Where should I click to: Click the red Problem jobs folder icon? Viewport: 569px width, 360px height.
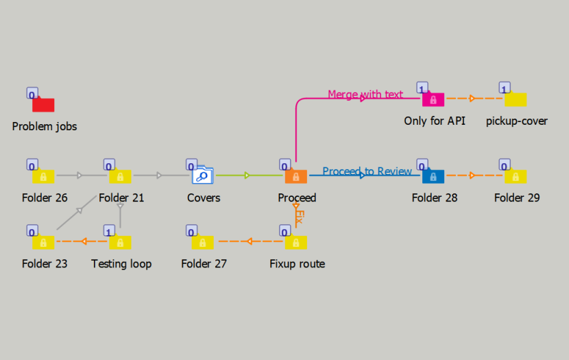tap(43, 105)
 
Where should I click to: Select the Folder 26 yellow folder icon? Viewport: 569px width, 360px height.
tap(44, 176)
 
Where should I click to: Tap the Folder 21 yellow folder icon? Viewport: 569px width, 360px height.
tap(121, 176)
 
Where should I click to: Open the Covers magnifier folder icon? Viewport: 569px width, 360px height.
tap(204, 176)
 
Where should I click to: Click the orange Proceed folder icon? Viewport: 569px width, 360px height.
tap(296, 176)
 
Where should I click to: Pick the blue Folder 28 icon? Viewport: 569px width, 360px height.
tap(433, 176)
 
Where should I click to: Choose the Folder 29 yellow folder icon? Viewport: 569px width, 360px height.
tap(516, 176)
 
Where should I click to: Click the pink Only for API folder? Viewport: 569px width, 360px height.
tap(433, 99)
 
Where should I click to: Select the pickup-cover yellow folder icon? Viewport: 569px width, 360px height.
tap(516, 99)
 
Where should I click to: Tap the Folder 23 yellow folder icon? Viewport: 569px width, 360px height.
tap(44, 242)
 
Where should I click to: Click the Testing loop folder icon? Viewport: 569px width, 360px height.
tap(121, 242)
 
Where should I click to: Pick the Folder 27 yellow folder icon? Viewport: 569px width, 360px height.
tap(203, 242)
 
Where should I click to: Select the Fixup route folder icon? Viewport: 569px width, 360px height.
tap(296, 242)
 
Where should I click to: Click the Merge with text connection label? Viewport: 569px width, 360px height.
tap(365, 94)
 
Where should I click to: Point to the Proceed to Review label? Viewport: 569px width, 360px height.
tap(367, 171)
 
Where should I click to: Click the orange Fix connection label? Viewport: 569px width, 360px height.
tap(299, 217)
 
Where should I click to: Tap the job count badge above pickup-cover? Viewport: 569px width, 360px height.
tap(504, 88)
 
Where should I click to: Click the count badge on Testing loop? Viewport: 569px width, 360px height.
tap(109, 230)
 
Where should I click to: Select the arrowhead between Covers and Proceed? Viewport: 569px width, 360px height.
tap(247, 176)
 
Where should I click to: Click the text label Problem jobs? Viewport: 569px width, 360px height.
tap(45, 126)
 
